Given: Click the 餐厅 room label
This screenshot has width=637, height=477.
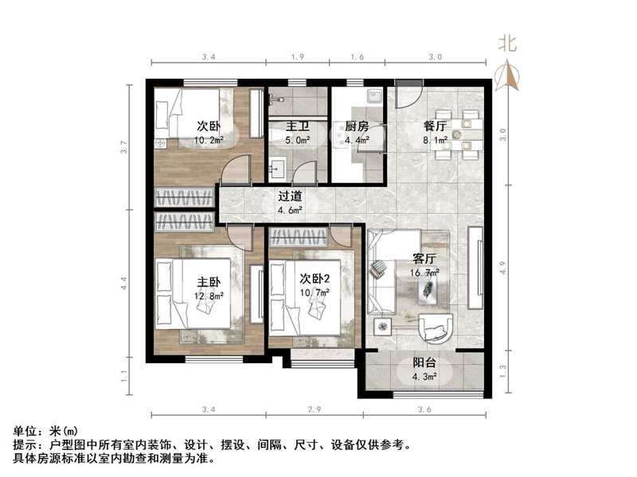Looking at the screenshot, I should click(434, 126).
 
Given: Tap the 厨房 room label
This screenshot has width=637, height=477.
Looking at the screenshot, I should click(356, 126).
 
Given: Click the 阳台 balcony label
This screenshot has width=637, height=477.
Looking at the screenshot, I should click(424, 363).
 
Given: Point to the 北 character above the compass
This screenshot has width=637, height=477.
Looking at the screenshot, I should click(507, 45).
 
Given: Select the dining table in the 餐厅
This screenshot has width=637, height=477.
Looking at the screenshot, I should click(461, 131).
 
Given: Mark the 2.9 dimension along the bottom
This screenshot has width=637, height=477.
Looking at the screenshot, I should click(315, 409).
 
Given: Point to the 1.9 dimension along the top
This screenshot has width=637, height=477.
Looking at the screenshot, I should click(297, 57).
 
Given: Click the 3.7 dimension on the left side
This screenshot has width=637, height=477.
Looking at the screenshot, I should click(123, 147).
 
